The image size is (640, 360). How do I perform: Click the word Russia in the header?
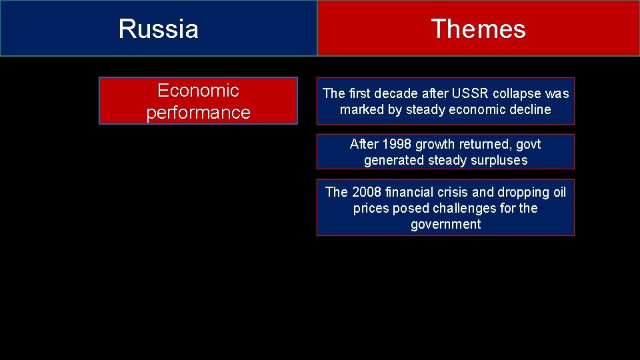[x=158, y=29]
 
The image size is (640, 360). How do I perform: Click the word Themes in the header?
[x=478, y=29]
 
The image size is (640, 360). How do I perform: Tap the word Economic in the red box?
[x=198, y=90]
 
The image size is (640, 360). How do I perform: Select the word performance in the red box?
[x=198, y=112]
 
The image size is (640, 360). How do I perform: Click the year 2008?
[x=366, y=192]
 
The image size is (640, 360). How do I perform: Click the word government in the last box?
[x=445, y=224]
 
